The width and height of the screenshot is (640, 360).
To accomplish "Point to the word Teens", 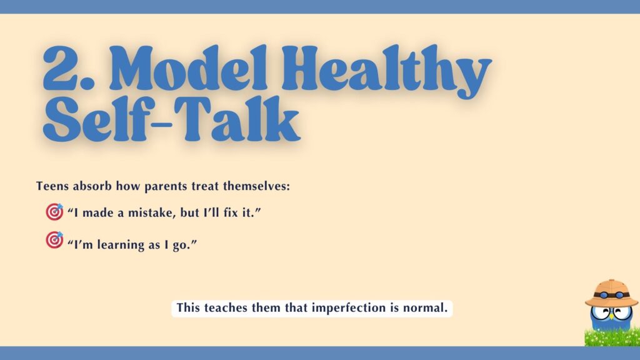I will tap(51, 186).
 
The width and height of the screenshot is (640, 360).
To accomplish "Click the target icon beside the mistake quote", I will tap(54, 212).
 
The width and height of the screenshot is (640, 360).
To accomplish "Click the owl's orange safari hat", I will tap(611, 290).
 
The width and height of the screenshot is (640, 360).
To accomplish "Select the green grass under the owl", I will tap(611, 338).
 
